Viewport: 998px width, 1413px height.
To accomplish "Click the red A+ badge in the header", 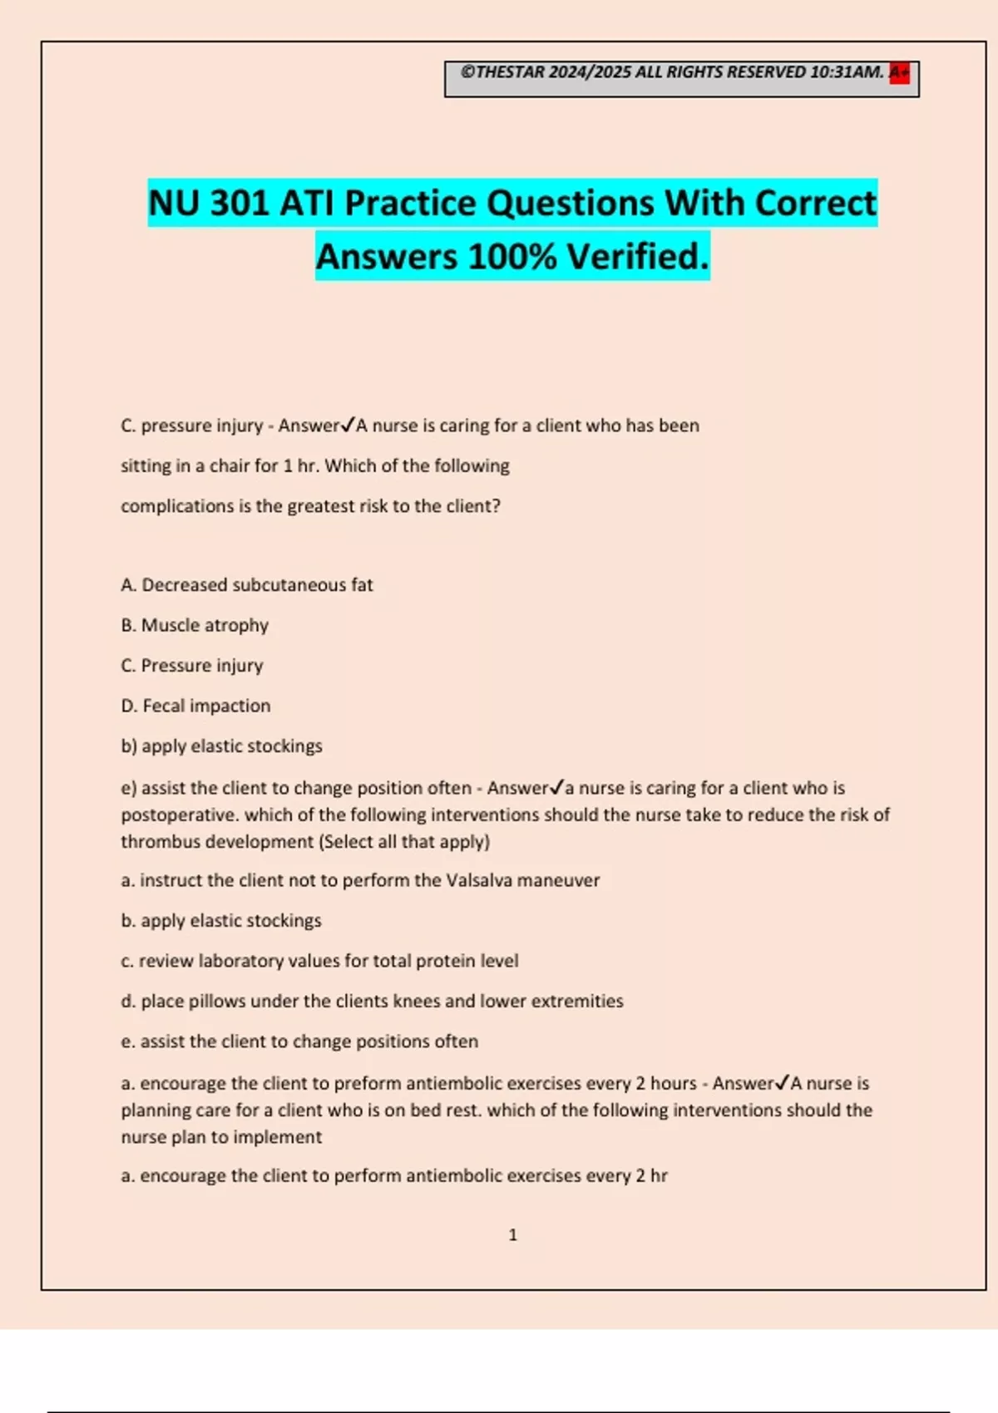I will click(899, 73).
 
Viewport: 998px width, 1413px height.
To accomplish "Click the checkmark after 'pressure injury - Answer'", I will click(348, 425).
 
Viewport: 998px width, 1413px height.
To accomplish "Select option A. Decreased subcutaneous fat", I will click(247, 585).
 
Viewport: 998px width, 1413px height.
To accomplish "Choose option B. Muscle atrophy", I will click(195, 625).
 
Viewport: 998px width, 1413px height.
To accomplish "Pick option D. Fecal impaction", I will click(195, 706).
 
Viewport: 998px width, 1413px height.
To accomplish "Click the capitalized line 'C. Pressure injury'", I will click(192, 666).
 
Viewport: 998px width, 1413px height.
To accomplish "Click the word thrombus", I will click(156, 841).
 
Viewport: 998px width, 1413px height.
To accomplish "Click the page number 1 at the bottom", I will click(512, 1235).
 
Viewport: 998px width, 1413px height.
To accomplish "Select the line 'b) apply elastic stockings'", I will click(221, 746).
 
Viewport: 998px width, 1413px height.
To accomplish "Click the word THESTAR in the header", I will click(510, 72).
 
